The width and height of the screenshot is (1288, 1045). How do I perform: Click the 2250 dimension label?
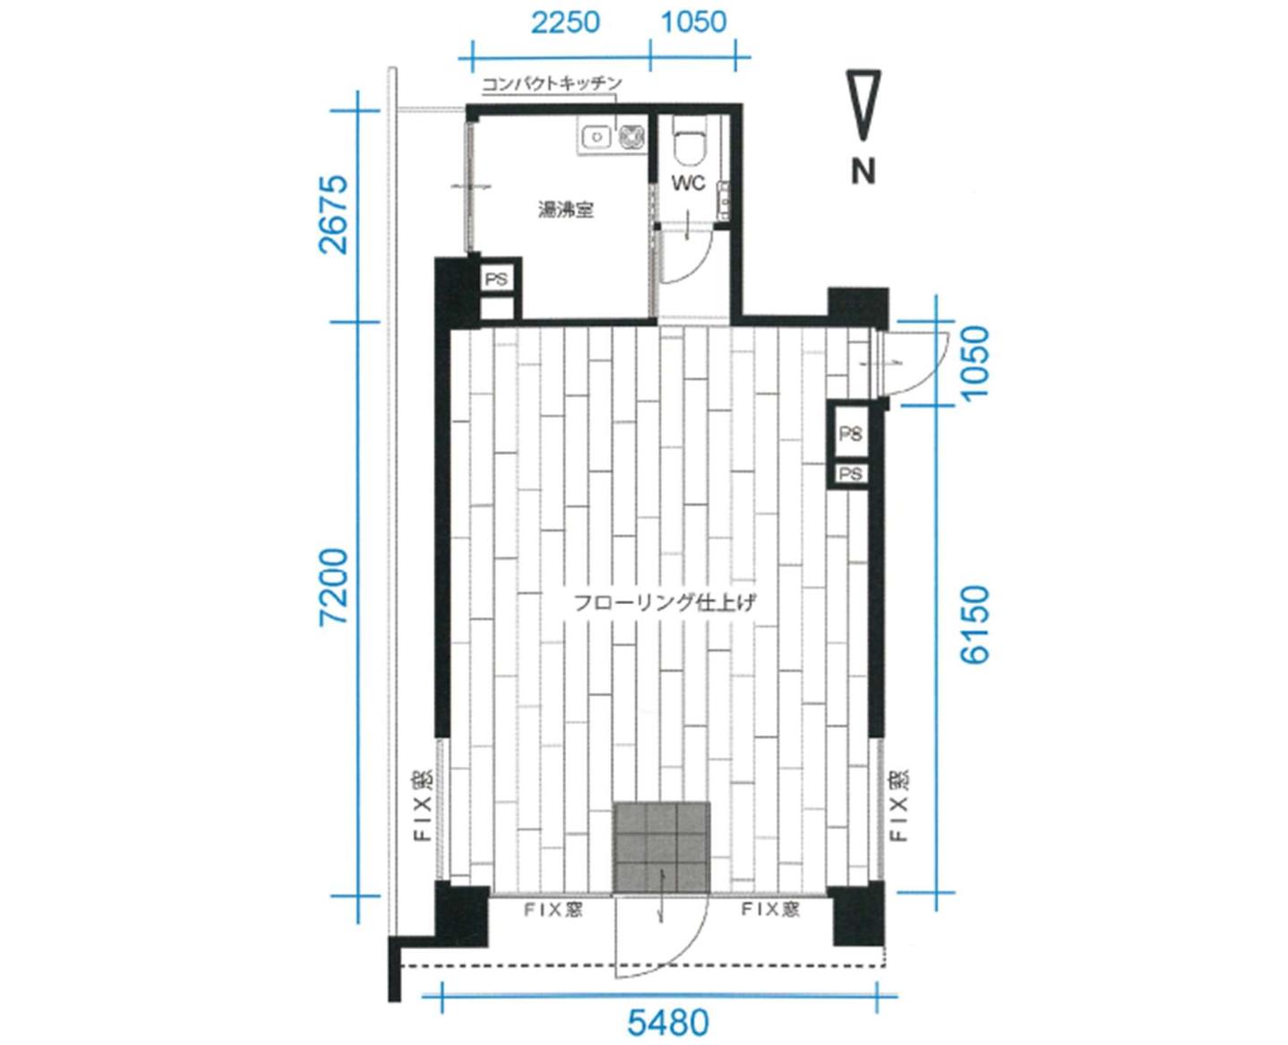[x=565, y=23]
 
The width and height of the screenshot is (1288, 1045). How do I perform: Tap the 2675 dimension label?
[x=334, y=214]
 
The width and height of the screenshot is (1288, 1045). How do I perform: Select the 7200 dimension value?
[x=334, y=586]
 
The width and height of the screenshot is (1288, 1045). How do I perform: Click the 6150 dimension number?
[x=975, y=624]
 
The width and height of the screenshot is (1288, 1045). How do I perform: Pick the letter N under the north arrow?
[x=863, y=172]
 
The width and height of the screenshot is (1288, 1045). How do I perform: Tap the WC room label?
[x=689, y=183]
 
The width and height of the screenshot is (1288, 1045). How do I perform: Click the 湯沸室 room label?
[x=565, y=210]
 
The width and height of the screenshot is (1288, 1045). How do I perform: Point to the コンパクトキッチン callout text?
[x=552, y=82]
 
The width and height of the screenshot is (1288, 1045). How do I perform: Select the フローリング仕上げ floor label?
[x=665, y=602]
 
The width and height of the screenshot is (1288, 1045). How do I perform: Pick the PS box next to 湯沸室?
[x=497, y=280]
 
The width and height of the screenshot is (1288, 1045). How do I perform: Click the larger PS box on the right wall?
[x=850, y=433]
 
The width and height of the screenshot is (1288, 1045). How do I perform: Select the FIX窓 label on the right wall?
[x=900, y=805]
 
